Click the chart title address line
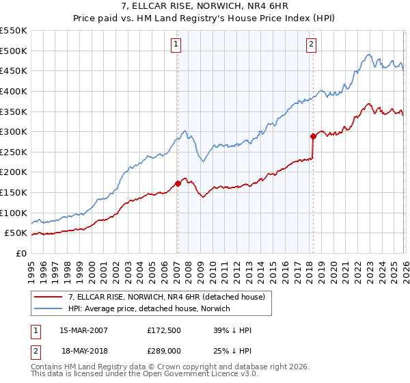pyautogui.click(x=204, y=7)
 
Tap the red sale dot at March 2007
pyautogui.click(x=178, y=183)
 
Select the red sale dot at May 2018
pyautogui.click(x=313, y=136)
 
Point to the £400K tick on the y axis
pyautogui.click(x=14, y=91)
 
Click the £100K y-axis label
pyautogui.click(x=14, y=213)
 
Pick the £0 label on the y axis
pyautogui.click(x=20, y=254)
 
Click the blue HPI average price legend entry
pyautogui.click(x=149, y=308)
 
